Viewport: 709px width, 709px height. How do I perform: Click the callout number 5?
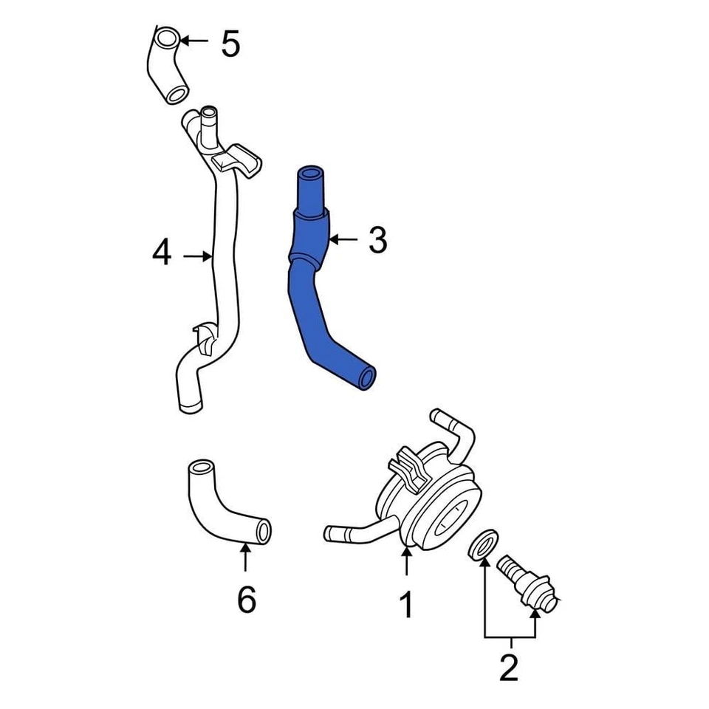[230, 44]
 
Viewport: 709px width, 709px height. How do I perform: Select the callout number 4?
[162, 255]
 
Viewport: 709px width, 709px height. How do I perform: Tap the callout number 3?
[377, 240]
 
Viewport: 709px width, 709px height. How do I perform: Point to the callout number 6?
[246, 600]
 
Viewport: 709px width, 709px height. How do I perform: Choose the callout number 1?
[406, 606]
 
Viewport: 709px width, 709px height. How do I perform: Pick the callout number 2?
[509, 669]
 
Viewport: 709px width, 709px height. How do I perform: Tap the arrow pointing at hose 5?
[196, 41]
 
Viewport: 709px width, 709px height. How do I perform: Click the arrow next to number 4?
[198, 256]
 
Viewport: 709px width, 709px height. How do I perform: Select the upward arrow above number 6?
[245, 558]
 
